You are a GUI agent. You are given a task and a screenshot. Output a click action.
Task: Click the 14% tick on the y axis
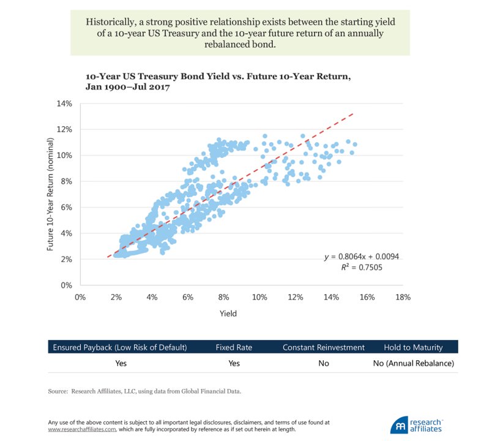click(64, 104)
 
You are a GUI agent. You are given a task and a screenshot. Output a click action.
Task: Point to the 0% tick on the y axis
click(66, 285)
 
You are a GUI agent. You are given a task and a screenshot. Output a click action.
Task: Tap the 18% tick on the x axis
click(403, 297)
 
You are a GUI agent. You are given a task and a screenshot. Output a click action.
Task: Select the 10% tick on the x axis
click(259, 297)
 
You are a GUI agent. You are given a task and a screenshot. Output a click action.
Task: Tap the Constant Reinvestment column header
click(323, 347)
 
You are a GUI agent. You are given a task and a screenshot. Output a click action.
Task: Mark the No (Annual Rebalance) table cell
click(418, 363)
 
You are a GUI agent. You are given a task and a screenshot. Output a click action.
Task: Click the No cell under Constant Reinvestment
click(323, 363)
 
